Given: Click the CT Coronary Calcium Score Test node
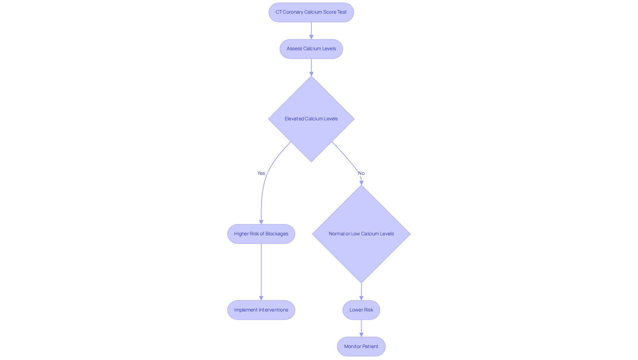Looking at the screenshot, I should [x=311, y=12].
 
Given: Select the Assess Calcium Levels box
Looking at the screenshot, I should [x=311, y=49].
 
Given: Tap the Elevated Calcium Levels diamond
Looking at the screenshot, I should [x=311, y=119].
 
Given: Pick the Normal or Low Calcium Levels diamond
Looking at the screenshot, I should [x=361, y=234].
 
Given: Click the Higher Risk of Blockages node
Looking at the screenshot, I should [x=261, y=234].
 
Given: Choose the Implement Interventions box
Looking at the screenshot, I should [x=261, y=310].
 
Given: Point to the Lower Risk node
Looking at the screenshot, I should [x=361, y=310].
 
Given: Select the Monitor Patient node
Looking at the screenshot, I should [x=361, y=346].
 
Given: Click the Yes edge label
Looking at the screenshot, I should [x=261, y=173].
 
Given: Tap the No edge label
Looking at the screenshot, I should [x=361, y=173].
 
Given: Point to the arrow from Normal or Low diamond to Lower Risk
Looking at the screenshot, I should [x=361, y=291].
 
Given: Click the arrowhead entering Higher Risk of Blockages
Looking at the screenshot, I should [x=261, y=222].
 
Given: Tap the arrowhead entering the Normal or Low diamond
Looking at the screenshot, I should [x=362, y=182].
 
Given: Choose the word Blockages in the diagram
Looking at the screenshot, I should [x=277, y=234].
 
